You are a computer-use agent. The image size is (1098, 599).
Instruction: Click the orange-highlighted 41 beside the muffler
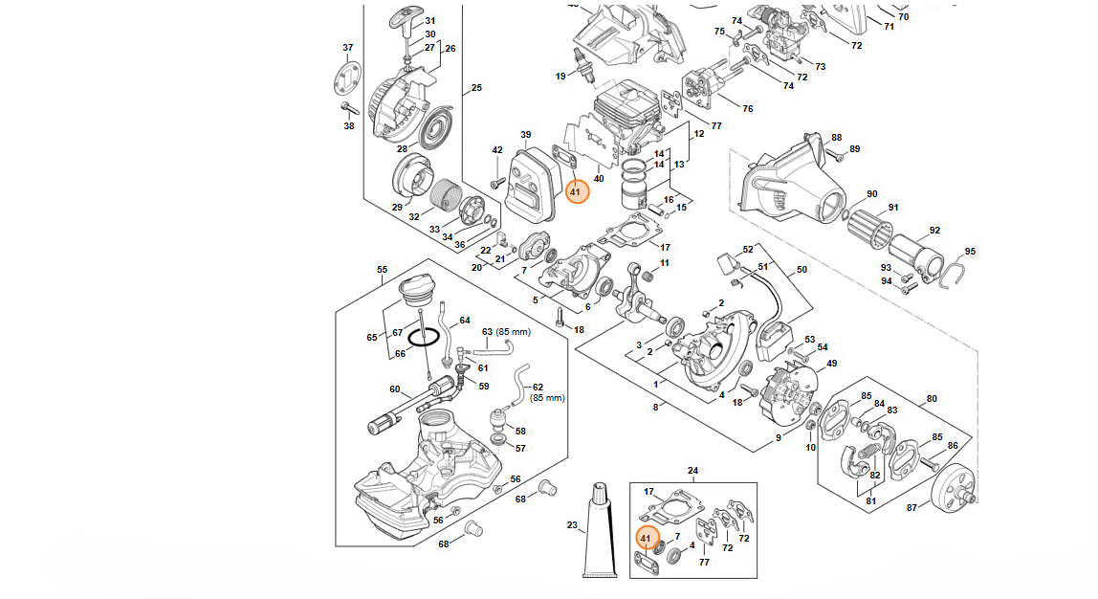[x=577, y=191]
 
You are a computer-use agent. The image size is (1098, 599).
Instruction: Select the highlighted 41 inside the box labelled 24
[x=647, y=538]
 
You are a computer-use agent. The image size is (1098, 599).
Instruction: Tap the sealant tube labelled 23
[x=600, y=530]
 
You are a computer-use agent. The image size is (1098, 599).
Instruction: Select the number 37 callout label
[x=348, y=48]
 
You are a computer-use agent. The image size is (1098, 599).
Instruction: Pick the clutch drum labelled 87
[x=955, y=487]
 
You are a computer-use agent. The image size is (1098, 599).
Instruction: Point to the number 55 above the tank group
[x=382, y=270]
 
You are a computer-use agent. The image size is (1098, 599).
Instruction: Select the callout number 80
[x=932, y=399]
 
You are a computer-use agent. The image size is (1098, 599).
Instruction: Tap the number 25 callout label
[x=476, y=88]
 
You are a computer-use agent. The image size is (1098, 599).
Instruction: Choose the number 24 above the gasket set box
[x=692, y=471]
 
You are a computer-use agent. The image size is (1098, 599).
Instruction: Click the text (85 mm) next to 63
[x=514, y=331]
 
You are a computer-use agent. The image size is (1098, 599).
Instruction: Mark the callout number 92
[x=934, y=230]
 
